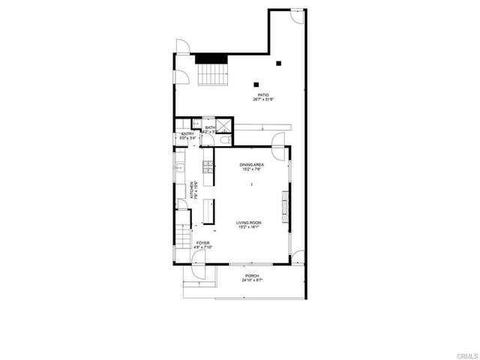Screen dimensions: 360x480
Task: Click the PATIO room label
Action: click(263, 95)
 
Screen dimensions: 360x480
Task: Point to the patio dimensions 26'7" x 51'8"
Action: click(263, 100)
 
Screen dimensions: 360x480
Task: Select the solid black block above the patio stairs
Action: click(210, 59)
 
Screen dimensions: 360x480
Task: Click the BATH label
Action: click(210, 128)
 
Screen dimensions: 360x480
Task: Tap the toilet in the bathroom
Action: click(224, 140)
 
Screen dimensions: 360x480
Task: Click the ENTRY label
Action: click(187, 134)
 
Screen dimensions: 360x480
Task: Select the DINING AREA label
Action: click(251, 164)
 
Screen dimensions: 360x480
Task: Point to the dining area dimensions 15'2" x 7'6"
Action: click(251, 169)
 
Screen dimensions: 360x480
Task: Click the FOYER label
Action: click(202, 243)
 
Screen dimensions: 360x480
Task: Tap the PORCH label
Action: click(251, 276)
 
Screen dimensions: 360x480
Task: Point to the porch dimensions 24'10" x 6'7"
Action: click(251, 281)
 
